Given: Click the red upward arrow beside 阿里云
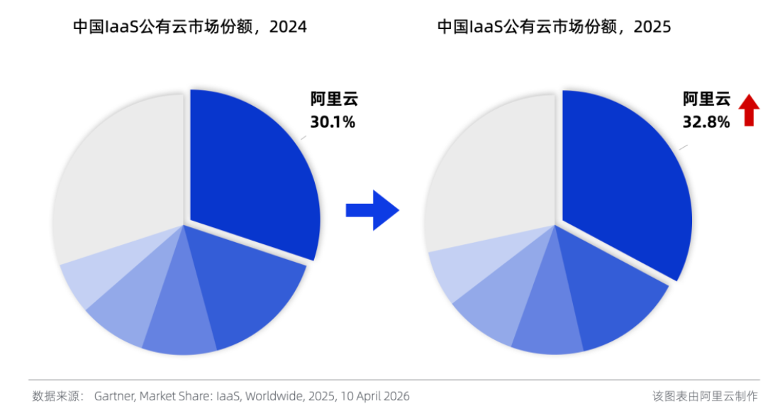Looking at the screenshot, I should (749, 111).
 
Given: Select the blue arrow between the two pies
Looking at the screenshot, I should (372, 209).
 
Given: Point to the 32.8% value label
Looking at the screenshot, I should (706, 122).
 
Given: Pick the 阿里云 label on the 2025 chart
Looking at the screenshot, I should (706, 99).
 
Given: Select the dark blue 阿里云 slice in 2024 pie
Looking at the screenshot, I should (248, 170).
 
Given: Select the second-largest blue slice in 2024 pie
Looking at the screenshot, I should (241, 291).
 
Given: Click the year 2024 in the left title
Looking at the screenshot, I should (289, 27).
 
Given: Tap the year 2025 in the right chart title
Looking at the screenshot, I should (652, 27).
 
